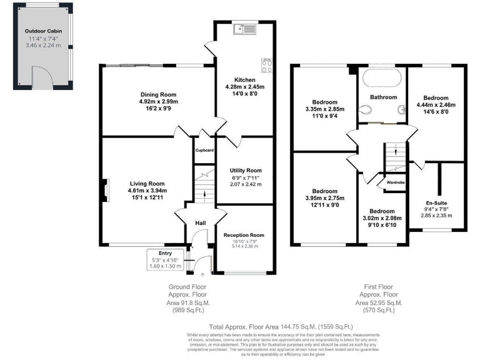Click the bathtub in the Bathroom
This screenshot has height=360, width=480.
coord(382,79)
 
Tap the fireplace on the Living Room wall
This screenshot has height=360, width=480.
coord(104,189)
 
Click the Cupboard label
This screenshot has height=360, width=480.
coord(204,151)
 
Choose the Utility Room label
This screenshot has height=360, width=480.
coord(245,170)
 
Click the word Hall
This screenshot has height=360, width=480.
coord(200,223)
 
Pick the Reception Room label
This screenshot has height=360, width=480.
coord(244,235)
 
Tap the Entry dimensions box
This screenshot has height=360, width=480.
coord(166,261)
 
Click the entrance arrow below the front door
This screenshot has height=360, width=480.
coord(201,273)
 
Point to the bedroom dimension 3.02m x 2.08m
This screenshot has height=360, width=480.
coord(382,219)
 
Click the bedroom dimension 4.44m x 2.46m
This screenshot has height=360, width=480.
coord(435,106)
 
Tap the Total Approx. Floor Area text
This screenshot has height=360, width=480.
coord(282,327)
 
